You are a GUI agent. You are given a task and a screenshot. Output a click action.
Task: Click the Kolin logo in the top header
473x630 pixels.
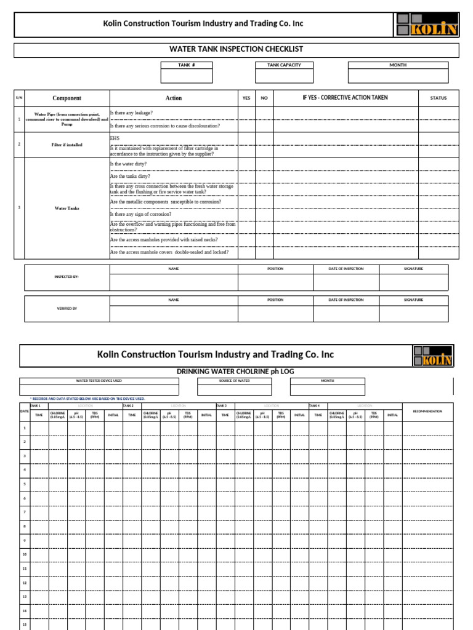pyautogui.click(x=426, y=25)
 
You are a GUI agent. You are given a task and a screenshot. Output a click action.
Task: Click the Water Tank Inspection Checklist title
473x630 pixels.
pyautogui.click(x=236, y=49)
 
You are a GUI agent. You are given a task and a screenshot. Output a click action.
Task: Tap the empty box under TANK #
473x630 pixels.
pyautogui.click(x=187, y=76)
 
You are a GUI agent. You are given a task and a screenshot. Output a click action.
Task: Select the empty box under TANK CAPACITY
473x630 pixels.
pyautogui.click(x=284, y=76)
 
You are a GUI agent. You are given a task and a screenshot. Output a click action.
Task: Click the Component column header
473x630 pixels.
pyautogui.click(x=67, y=98)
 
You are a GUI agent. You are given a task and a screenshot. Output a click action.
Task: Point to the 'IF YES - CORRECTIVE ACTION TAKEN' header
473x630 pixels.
pyautogui.click(x=345, y=98)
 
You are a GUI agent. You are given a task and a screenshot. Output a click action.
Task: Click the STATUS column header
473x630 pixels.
pyautogui.click(x=439, y=98)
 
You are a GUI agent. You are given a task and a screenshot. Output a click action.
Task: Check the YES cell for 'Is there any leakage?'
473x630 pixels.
pyautogui.click(x=246, y=113)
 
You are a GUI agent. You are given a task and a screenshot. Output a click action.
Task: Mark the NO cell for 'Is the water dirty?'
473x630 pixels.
pyautogui.click(x=264, y=164)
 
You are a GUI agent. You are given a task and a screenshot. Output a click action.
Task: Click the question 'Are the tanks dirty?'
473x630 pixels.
pyautogui.click(x=130, y=177)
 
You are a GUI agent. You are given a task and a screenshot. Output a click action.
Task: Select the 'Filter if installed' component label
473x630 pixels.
pyautogui.click(x=67, y=145)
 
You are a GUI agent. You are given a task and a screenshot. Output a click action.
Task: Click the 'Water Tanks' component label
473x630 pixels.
pyautogui.click(x=67, y=209)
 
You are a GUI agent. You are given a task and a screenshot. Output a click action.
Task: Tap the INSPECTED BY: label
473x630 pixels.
pyautogui.click(x=67, y=277)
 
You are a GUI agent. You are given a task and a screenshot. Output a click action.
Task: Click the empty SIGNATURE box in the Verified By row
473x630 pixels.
pyautogui.click(x=413, y=313)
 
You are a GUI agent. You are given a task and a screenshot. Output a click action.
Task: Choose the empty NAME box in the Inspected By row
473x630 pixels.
pyautogui.click(x=174, y=282)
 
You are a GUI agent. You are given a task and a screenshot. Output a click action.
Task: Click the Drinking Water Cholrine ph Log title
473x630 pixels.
pyautogui.click(x=236, y=372)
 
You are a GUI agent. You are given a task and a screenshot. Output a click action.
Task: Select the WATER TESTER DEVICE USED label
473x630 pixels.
pyautogui.click(x=99, y=381)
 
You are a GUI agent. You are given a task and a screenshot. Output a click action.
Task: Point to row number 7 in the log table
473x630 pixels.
pyautogui.click(x=25, y=512)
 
